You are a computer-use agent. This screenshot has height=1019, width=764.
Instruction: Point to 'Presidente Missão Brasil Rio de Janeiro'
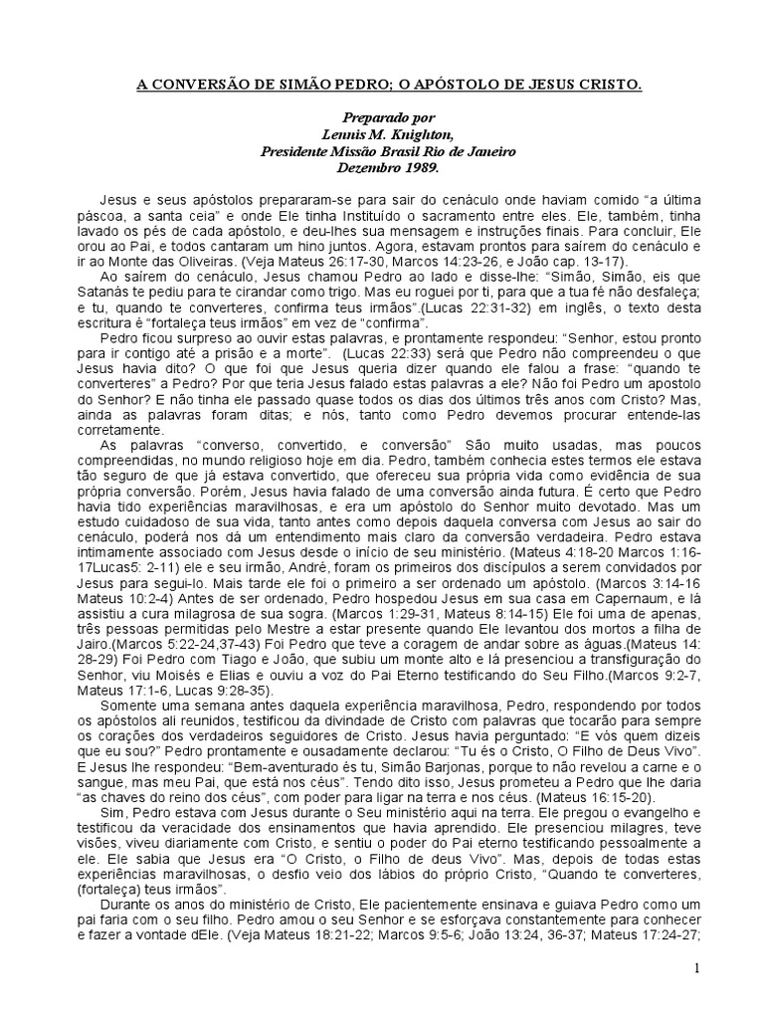tap(389, 151)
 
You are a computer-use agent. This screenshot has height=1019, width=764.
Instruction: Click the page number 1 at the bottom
tap(697, 968)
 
